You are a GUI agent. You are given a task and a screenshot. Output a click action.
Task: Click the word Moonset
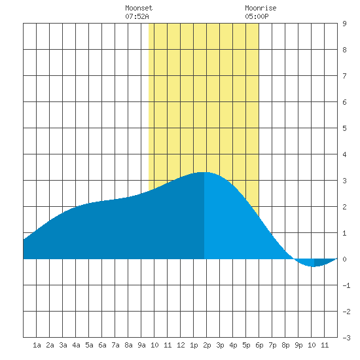point(139,8)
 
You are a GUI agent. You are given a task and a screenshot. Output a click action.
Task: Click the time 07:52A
point(137,16)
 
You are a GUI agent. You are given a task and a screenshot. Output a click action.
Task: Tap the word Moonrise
point(261,8)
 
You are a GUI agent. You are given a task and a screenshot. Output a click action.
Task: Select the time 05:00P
point(257,16)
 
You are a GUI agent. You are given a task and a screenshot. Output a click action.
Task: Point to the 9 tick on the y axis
point(344,24)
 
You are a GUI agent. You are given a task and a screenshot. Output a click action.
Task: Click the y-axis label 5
point(344,128)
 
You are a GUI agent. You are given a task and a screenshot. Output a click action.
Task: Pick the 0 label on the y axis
point(344,259)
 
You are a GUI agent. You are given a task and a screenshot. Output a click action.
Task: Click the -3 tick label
point(346,338)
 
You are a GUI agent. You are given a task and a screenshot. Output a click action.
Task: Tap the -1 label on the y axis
point(346,285)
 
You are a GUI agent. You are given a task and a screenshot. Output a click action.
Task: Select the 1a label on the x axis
point(37,345)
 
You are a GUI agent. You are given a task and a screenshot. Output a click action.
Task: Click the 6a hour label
point(102,345)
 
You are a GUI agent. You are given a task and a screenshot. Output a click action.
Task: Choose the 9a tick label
point(141,345)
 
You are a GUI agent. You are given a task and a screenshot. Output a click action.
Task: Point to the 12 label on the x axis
point(181,345)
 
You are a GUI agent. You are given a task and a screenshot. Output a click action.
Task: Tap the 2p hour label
point(207,345)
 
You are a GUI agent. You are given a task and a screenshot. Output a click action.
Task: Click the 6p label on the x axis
point(259,345)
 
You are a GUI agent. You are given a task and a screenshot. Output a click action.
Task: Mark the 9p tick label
point(298,345)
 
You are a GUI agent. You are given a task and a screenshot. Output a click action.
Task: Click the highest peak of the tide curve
point(204,172)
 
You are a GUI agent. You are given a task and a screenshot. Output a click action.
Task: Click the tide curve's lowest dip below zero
point(314,266)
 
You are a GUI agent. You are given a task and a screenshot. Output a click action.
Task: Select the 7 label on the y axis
point(344,76)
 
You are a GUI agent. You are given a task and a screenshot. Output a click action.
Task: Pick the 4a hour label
point(76,345)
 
